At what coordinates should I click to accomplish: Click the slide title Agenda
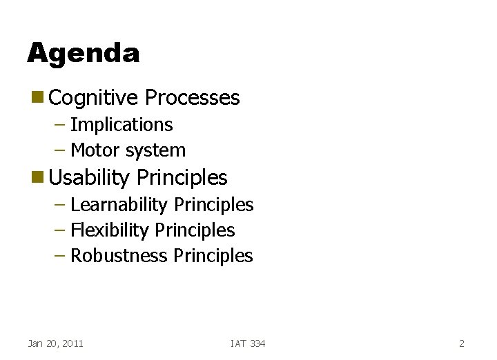pos(83,53)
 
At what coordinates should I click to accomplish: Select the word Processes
pos(192,98)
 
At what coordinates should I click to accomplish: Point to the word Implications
pos(121,125)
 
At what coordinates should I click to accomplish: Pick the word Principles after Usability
pos(182,177)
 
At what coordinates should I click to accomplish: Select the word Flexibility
pos(110,230)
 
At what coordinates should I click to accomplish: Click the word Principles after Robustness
pos(213,256)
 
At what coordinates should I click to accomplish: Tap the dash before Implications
pos(60,126)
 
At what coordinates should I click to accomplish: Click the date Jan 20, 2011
pos(55,343)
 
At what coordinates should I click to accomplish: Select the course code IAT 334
pos(248,343)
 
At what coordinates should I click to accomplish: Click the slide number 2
pos(461,343)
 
